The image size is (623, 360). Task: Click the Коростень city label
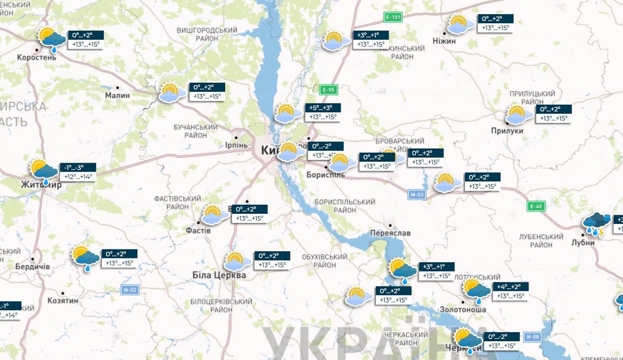pyautogui.click(x=37, y=58)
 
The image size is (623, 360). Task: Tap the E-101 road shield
pyautogui.click(x=393, y=18)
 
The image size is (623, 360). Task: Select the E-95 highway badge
pyautogui.click(x=328, y=90)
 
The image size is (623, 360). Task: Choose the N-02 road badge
pyautogui.click(x=130, y=290)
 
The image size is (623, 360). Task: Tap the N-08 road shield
pyautogui.click(x=533, y=337)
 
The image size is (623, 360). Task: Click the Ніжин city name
pyautogui.click(x=444, y=41)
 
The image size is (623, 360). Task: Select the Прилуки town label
pyautogui.click(x=520, y=131)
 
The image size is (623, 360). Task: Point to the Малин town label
pyautogui.click(x=117, y=95)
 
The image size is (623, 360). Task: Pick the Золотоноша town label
pyautogui.click(x=463, y=309)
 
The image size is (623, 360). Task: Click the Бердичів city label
pyautogui.click(x=32, y=266)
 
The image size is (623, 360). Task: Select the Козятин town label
pyautogui.click(x=63, y=301)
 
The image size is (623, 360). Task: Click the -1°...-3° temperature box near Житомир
pyautogui.click(x=78, y=168)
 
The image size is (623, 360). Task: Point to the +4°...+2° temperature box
pyautogui.click(x=511, y=287)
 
